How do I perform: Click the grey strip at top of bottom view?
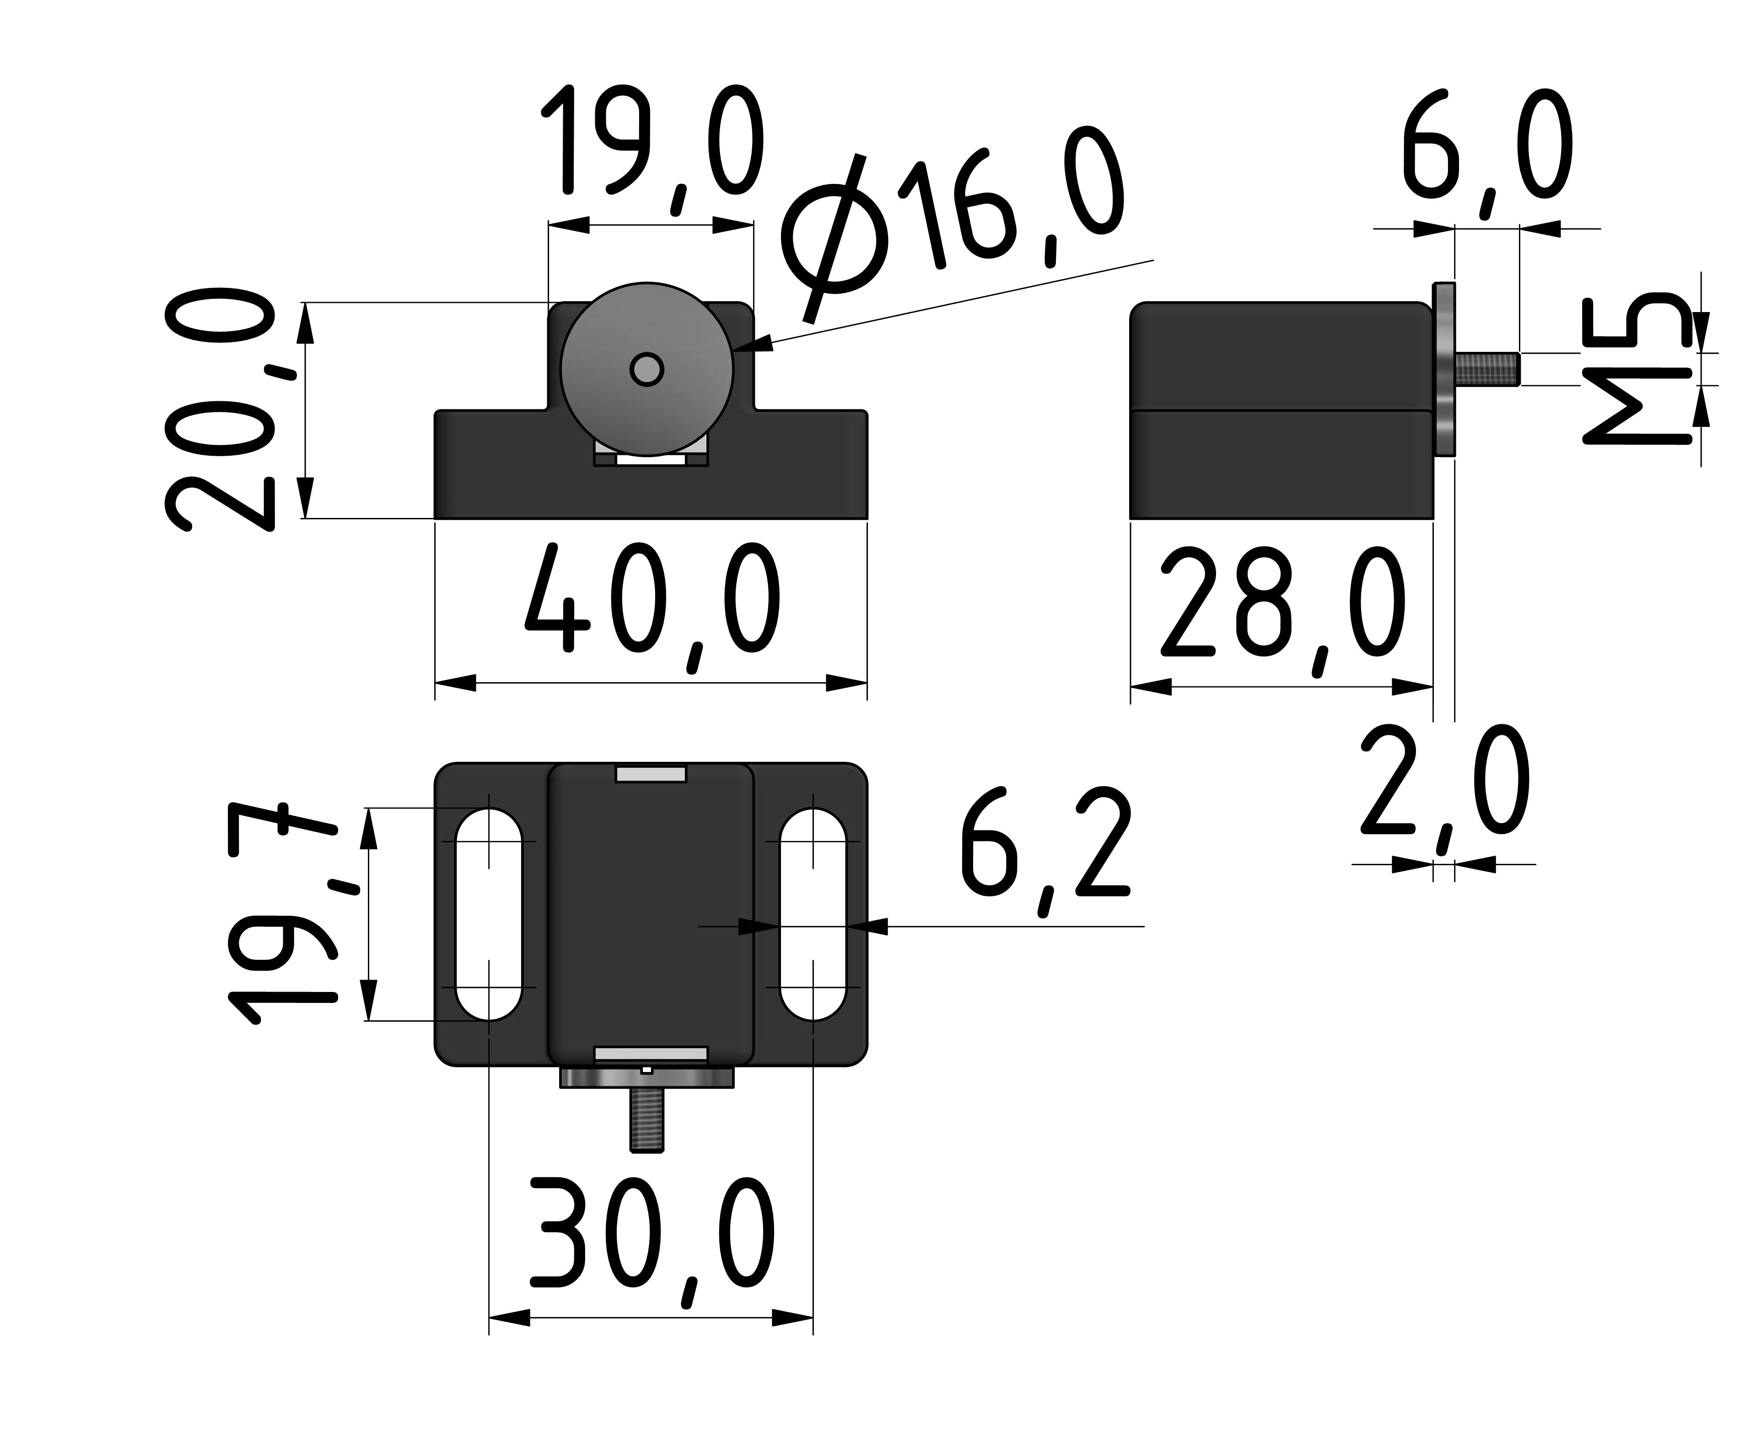point(651,775)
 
